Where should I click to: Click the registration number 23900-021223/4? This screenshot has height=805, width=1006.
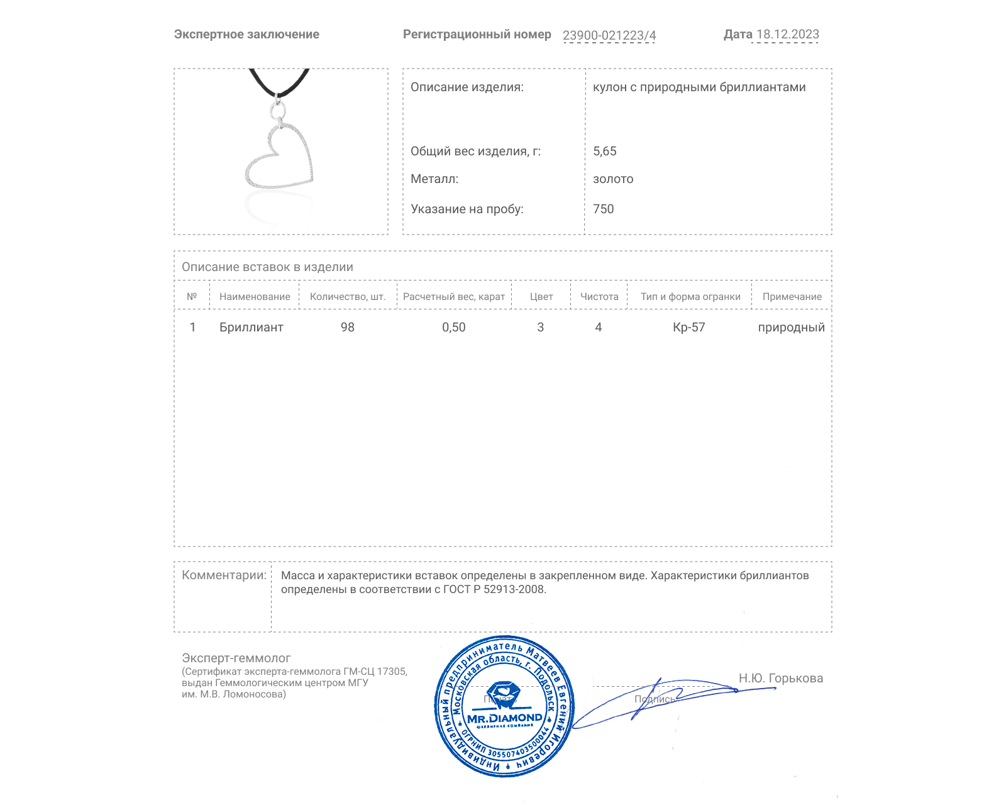pyautogui.click(x=609, y=35)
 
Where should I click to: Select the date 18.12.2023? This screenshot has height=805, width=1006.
pyautogui.click(x=787, y=35)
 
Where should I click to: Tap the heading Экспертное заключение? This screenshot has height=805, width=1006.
pyautogui.click(x=246, y=35)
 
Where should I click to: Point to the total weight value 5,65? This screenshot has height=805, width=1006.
pyautogui.click(x=604, y=151)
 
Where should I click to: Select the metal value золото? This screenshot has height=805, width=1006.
pyautogui.click(x=613, y=179)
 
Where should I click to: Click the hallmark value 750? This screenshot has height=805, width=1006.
pyautogui.click(x=603, y=209)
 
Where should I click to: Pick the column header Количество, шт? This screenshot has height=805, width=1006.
pyautogui.click(x=348, y=297)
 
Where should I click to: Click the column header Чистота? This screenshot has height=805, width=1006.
pyautogui.click(x=599, y=297)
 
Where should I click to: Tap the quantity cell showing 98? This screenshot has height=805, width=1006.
pyautogui.click(x=347, y=327)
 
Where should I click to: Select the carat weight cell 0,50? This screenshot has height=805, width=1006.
pyautogui.click(x=453, y=327)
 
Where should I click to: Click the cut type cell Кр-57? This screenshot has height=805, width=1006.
pyautogui.click(x=688, y=327)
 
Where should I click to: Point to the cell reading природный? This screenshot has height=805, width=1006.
pyautogui.click(x=791, y=327)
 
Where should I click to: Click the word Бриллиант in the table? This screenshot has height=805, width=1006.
pyautogui.click(x=251, y=327)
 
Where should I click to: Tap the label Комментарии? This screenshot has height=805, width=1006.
pyautogui.click(x=224, y=575)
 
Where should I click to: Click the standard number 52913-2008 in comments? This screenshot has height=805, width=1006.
pyautogui.click(x=514, y=589)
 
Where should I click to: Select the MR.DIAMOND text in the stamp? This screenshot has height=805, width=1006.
pyautogui.click(x=504, y=718)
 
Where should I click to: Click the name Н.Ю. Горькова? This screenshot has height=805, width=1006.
pyautogui.click(x=780, y=678)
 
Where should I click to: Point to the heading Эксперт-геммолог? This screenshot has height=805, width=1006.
pyautogui.click(x=236, y=658)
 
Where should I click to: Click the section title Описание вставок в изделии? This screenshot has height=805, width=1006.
pyautogui.click(x=267, y=267)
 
